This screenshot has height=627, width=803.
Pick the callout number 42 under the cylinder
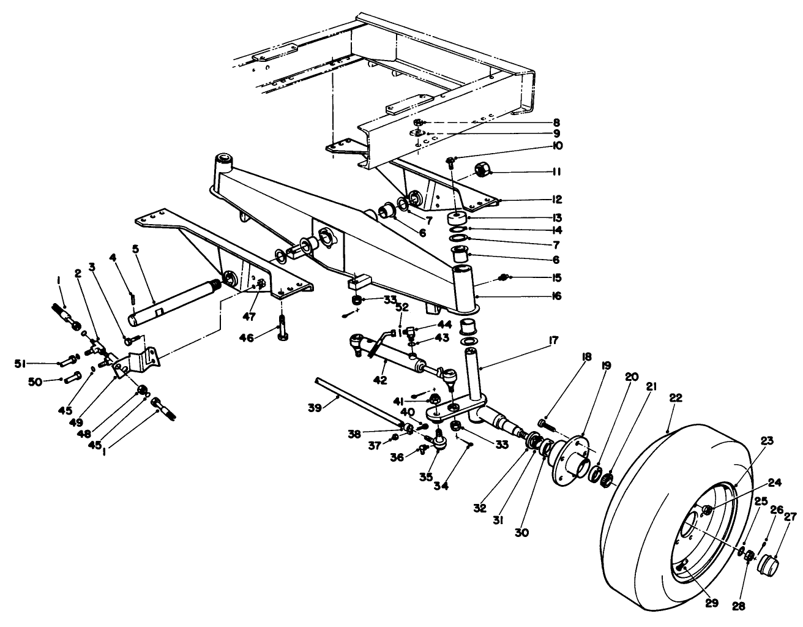coord(381,380)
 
